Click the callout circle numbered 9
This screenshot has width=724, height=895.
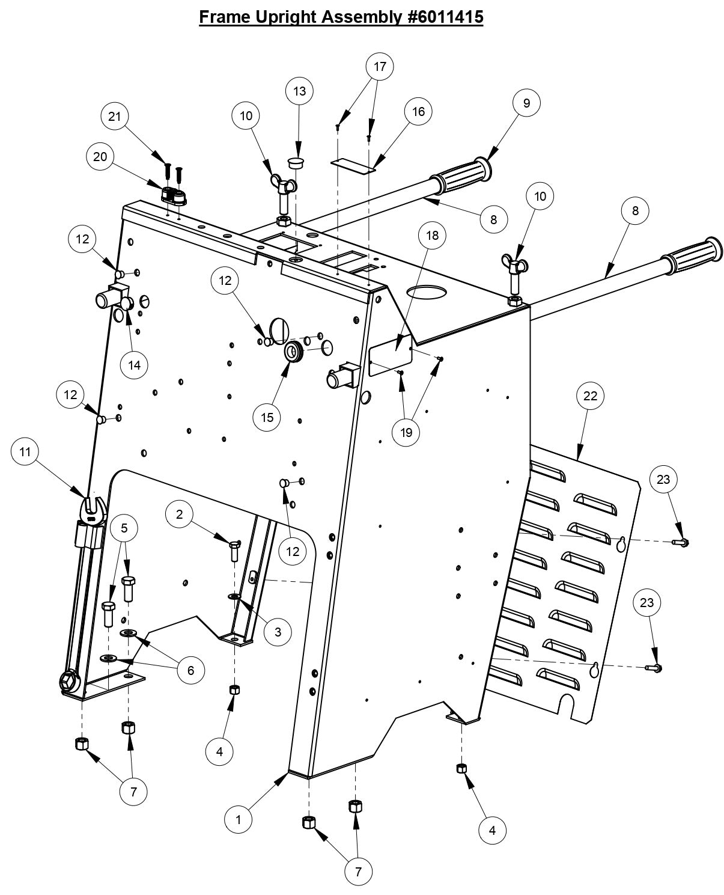click(526, 103)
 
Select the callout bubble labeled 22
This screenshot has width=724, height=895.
click(590, 396)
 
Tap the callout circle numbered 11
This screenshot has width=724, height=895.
click(25, 451)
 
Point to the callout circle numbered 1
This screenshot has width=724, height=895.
click(238, 819)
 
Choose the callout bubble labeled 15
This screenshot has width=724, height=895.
click(267, 417)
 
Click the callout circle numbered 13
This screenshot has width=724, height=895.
click(299, 91)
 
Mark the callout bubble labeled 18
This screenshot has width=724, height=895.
click(432, 235)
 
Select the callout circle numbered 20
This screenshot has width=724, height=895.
click(100, 157)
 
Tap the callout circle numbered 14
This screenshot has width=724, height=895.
click(133, 365)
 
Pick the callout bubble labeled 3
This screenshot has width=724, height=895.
click(278, 632)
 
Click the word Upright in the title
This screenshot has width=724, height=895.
click(288, 17)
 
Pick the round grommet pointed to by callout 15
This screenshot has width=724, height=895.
click(294, 351)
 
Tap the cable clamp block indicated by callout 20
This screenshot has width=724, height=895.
click(174, 195)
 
